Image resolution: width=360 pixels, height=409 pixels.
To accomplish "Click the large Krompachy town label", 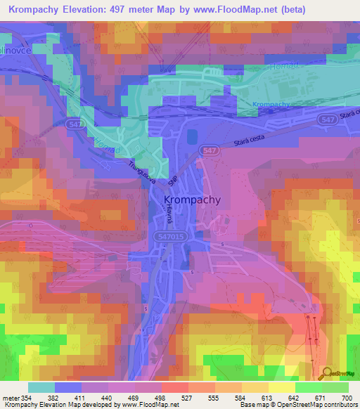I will [192, 200].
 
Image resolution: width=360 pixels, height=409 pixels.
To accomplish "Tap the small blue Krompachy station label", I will [271, 105].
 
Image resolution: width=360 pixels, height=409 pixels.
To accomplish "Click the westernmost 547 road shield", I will [99, 123].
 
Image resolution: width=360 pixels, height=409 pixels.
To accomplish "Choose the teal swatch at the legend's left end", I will [41, 387].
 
